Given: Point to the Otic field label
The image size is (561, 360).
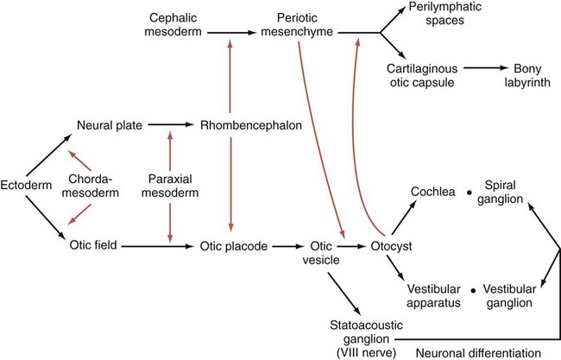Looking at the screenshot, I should [x=93, y=245].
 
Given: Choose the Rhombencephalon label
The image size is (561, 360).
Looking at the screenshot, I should [x=251, y=125].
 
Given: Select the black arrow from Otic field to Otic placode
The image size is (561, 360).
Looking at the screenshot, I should [x=156, y=246].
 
